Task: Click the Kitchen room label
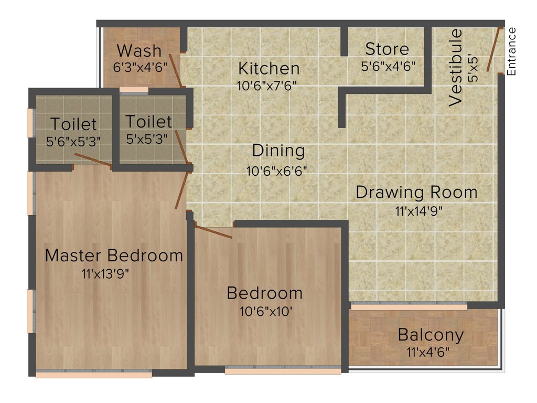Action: (x=269, y=68)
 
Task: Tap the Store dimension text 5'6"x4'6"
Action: (x=388, y=67)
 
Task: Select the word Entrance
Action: (x=512, y=51)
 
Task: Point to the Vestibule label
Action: (x=456, y=68)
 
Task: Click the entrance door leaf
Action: (x=492, y=50)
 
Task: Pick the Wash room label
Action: (x=139, y=51)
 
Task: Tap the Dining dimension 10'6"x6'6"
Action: (x=277, y=171)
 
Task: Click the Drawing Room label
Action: (x=416, y=192)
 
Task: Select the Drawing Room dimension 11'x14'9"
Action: (x=416, y=210)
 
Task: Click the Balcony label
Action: (x=431, y=334)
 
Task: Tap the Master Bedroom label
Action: (x=114, y=256)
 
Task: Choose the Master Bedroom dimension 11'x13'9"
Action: (x=105, y=273)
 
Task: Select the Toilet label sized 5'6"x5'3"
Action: (x=73, y=124)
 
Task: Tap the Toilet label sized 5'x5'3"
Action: (x=148, y=122)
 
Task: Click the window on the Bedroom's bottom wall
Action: (x=283, y=370)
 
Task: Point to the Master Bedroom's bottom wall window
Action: (x=94, y=374)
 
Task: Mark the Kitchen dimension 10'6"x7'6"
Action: (x=268, y=86)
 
